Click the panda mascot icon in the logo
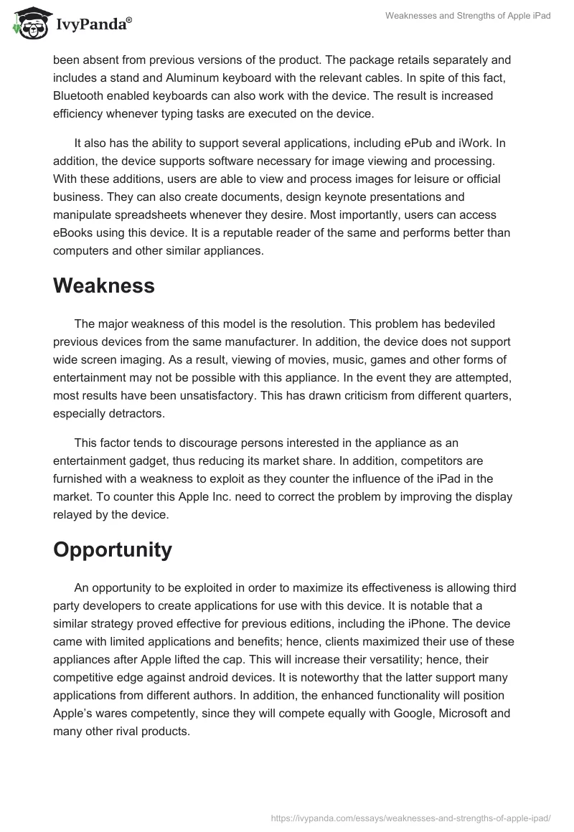tap(27, 23)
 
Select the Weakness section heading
tap(103, 285)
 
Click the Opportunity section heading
tap(113, 549)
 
